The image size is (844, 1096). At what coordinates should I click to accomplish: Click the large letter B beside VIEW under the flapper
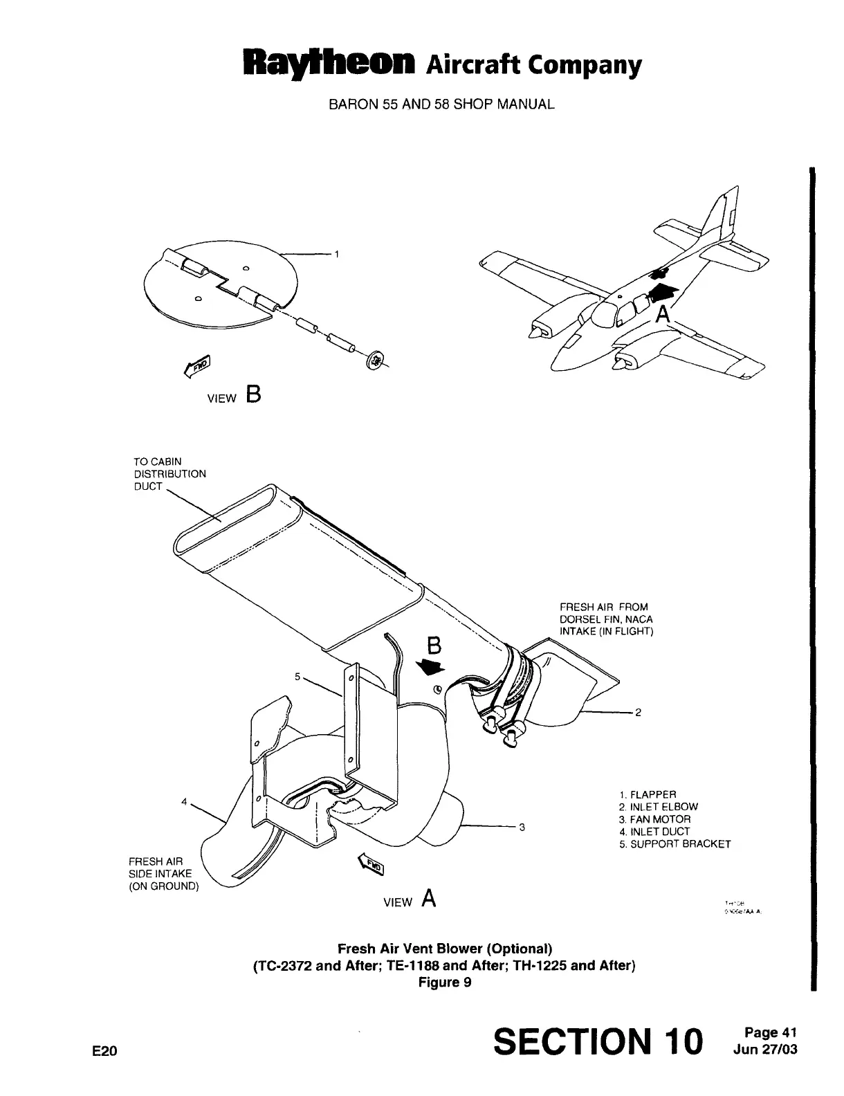tap(253, 396)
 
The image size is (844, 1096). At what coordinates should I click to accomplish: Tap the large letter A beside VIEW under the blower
tap(429, 898)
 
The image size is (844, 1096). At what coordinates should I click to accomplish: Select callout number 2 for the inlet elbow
tap(639, 712)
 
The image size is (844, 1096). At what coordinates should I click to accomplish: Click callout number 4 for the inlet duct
tap(184, 801)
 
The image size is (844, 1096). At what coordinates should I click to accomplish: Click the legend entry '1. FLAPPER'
tap(648, 794)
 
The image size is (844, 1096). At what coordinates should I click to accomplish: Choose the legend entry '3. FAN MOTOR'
tap(654, 819)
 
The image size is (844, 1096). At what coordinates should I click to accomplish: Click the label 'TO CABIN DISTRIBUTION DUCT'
tap(169, 474)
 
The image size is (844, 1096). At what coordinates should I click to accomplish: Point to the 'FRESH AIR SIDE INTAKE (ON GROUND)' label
tap(163, 874)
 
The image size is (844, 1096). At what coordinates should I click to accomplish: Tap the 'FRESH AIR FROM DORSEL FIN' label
tap(606, 619)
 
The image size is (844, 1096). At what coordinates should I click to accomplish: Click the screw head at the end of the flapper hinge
tap(374, 360)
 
